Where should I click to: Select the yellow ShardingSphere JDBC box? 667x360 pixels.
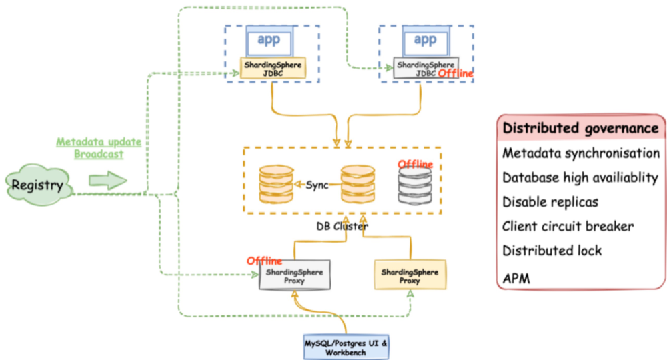point(273,69)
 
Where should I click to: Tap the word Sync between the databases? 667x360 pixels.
point(317,185)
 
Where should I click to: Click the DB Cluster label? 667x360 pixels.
point(342,227)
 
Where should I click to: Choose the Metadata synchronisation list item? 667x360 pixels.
point(580,153)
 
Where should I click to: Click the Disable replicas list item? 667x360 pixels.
point(550,202)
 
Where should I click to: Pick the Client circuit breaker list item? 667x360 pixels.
point(568,226)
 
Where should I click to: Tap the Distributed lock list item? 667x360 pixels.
point(552,251)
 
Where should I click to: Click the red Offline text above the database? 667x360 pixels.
point(415,164)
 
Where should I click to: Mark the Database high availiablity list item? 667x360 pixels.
point(580,178)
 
